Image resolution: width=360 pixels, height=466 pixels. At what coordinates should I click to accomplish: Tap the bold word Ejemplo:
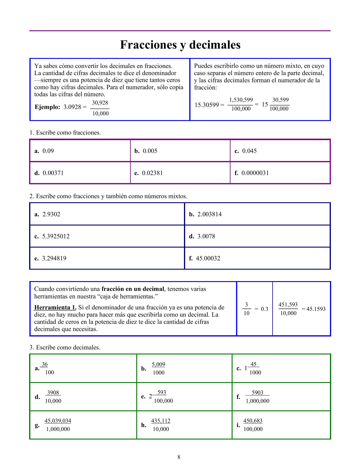tap(47, 107)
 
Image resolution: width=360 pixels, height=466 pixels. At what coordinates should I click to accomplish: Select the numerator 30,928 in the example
tap(100, 103)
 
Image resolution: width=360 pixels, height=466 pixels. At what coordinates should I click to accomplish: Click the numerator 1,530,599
tap(241, 100)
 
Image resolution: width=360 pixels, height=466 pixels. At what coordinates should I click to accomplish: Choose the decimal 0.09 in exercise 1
tap(48, 151)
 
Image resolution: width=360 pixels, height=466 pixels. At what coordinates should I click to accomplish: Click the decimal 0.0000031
tap(255, 173)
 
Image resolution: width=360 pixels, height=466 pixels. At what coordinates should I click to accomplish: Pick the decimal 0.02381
tap(152, 173)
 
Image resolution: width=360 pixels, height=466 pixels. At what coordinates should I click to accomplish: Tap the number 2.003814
tap(209, 214)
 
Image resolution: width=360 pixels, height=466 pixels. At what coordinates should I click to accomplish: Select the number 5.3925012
tap(56, 236)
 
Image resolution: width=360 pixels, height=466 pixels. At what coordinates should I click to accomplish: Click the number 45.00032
tap(208, 258)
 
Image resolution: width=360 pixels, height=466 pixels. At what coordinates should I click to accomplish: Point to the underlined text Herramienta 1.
tap(55, 308)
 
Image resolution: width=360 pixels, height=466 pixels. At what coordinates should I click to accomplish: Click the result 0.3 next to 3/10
tap(264, 309)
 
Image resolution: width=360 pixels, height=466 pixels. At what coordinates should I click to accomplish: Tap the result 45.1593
tap(316, 309)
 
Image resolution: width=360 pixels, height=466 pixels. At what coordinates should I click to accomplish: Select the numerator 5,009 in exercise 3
tap(158, 364)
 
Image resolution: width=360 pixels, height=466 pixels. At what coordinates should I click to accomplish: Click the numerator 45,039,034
tap(58, 421)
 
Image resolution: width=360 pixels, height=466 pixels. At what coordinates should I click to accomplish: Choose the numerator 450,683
tap(253, 421)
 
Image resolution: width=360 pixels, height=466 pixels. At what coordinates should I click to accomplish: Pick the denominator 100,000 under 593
tap(163, 401)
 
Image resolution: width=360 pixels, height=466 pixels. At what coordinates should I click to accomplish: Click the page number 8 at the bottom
tap(179, 457)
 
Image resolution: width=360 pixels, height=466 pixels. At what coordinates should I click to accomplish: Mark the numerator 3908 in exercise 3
tap(53, 393)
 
